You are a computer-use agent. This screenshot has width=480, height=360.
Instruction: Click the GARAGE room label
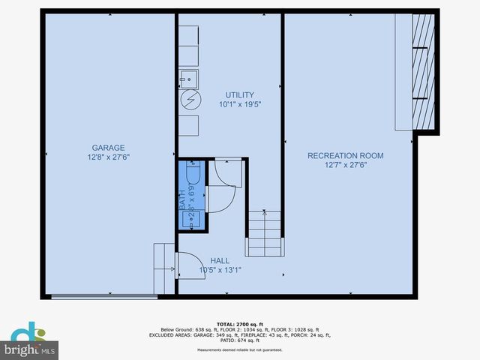point(108,148)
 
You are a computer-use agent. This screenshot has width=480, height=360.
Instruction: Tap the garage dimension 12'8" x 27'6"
point(108,157)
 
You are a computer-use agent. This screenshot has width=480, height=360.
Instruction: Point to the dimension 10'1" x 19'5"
point(240,105)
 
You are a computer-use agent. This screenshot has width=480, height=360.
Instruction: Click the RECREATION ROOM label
point(345,156)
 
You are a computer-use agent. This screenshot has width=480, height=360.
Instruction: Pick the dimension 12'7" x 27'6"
point(345,165)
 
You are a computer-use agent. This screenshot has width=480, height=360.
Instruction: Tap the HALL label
point(220,260)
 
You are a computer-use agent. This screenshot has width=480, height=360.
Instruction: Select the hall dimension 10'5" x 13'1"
point(220,270)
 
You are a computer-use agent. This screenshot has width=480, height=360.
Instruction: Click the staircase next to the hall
point(265,233)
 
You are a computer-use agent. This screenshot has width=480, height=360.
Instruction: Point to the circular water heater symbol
point(190,98)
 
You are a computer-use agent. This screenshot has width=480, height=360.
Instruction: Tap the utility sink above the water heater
point(188,77)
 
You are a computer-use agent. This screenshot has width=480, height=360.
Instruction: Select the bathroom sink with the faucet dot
point(191,218)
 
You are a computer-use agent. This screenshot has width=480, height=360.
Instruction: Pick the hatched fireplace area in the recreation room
point(423,71)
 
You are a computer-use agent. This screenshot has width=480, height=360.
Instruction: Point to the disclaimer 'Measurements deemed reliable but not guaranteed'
point(239,350)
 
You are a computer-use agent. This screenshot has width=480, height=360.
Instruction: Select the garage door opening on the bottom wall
point(104,297)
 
